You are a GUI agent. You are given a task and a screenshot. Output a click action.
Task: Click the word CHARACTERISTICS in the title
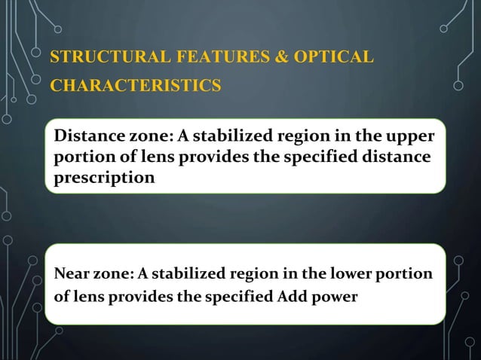click(136, 84)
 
